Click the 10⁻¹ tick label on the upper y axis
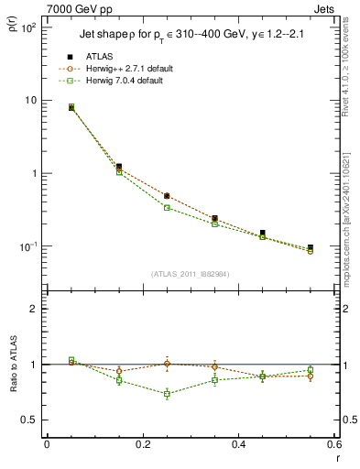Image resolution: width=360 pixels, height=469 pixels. coord(27,246)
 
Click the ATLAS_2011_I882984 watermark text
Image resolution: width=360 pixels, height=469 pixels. coord(191,274)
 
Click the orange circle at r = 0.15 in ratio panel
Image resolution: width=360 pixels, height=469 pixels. coord(118,371)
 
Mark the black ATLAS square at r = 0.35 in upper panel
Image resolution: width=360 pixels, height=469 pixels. coord(214,219)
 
